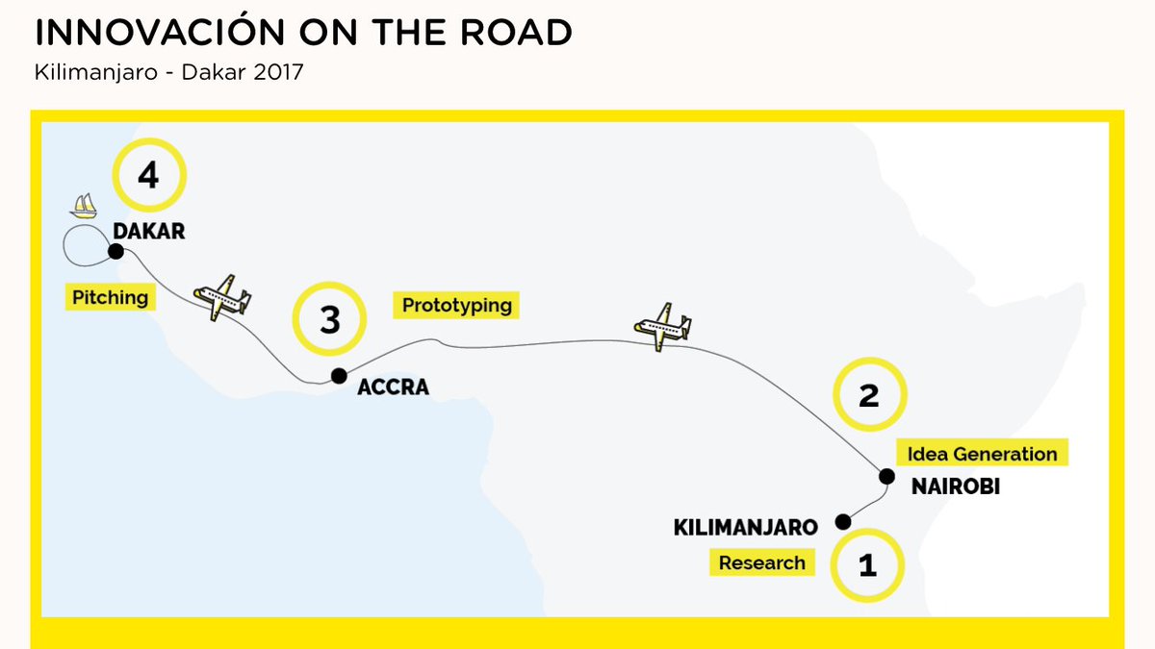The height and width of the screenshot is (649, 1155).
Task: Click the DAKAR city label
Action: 148,232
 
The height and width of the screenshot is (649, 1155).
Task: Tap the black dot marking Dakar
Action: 115,252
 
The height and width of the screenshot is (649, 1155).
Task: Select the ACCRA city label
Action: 393,388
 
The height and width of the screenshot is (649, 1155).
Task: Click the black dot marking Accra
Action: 339,376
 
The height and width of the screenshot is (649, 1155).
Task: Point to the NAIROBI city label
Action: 955,487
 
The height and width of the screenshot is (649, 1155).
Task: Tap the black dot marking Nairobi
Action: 886,475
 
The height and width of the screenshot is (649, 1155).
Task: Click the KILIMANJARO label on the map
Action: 746,528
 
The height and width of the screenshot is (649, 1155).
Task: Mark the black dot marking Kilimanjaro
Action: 843,522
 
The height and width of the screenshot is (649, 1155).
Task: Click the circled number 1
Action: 867,565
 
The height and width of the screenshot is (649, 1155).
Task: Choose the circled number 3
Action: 330,320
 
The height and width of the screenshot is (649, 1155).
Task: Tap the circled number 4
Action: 148,176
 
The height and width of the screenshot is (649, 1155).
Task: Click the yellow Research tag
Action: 761,562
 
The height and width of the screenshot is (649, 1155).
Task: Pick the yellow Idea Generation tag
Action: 982,454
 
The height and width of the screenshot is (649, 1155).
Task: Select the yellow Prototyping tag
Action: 456,306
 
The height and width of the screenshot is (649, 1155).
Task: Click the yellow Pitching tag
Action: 111,297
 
